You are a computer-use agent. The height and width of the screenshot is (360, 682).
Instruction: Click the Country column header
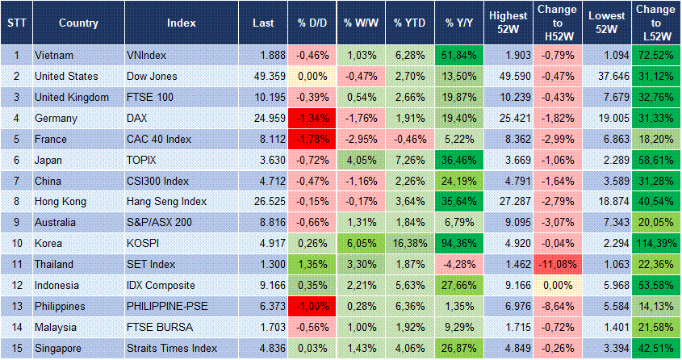click(x=78, y=23)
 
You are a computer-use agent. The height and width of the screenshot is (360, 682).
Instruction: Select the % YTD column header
click(x=410, y=23)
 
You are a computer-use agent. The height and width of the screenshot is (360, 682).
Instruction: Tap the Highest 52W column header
click(x=508, y=23)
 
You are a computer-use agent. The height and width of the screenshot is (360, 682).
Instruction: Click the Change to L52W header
click(x=655, y=23)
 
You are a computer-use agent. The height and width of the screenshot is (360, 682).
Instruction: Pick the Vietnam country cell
click(x=56, y=55)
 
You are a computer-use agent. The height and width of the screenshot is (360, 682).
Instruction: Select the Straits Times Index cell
click(x=172, y=349)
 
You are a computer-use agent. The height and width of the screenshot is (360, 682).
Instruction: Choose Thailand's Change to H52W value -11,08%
click(x=558, y=265)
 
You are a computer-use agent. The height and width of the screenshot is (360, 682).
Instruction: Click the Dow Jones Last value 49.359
click(x=266, y=76)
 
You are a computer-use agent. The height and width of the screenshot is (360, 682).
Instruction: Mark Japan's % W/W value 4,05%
click(x=361, y=160)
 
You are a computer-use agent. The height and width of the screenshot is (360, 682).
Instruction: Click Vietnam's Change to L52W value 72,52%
click(x=655, y=55)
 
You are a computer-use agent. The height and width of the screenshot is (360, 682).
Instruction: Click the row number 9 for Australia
click(x=15, y=223)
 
